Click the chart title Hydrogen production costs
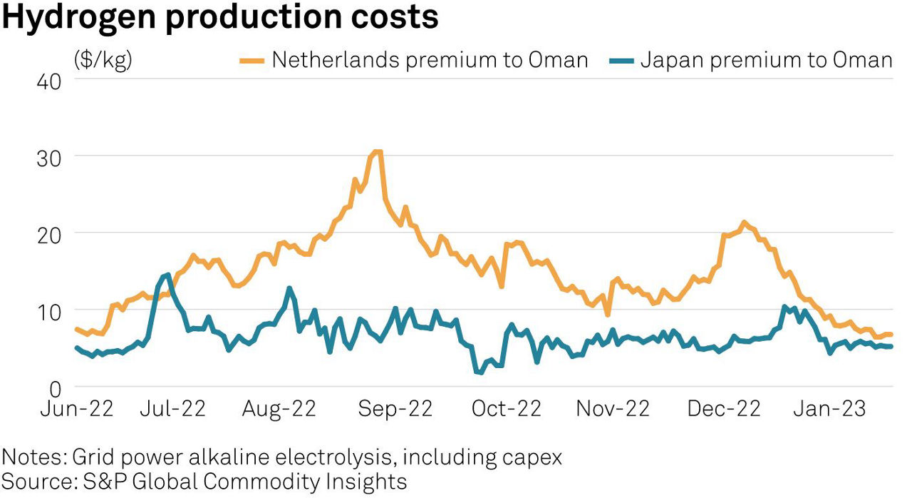(220, 17)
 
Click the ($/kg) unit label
(103, 60)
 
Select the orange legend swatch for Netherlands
(252, 61)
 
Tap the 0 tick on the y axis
(56, 388)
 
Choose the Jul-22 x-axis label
(173, 409)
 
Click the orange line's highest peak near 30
(377, 151)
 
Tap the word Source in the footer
(36, 480)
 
